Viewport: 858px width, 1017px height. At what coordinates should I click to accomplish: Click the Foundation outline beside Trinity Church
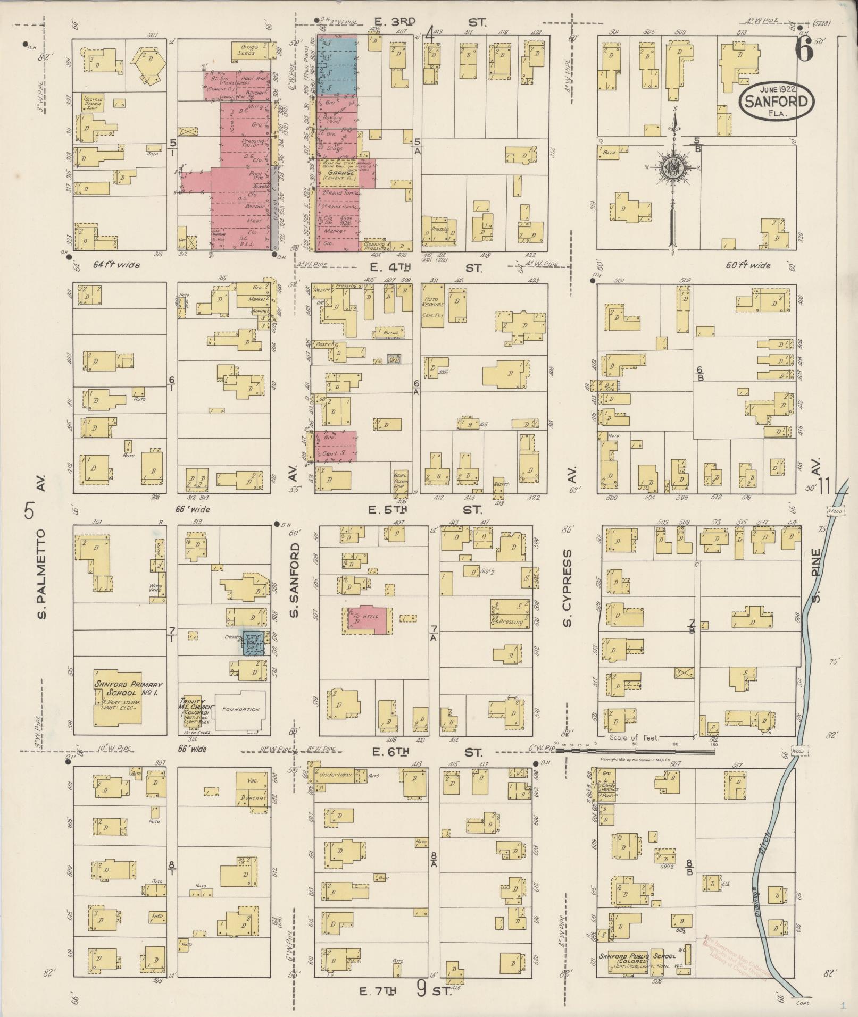click(240, 709)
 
